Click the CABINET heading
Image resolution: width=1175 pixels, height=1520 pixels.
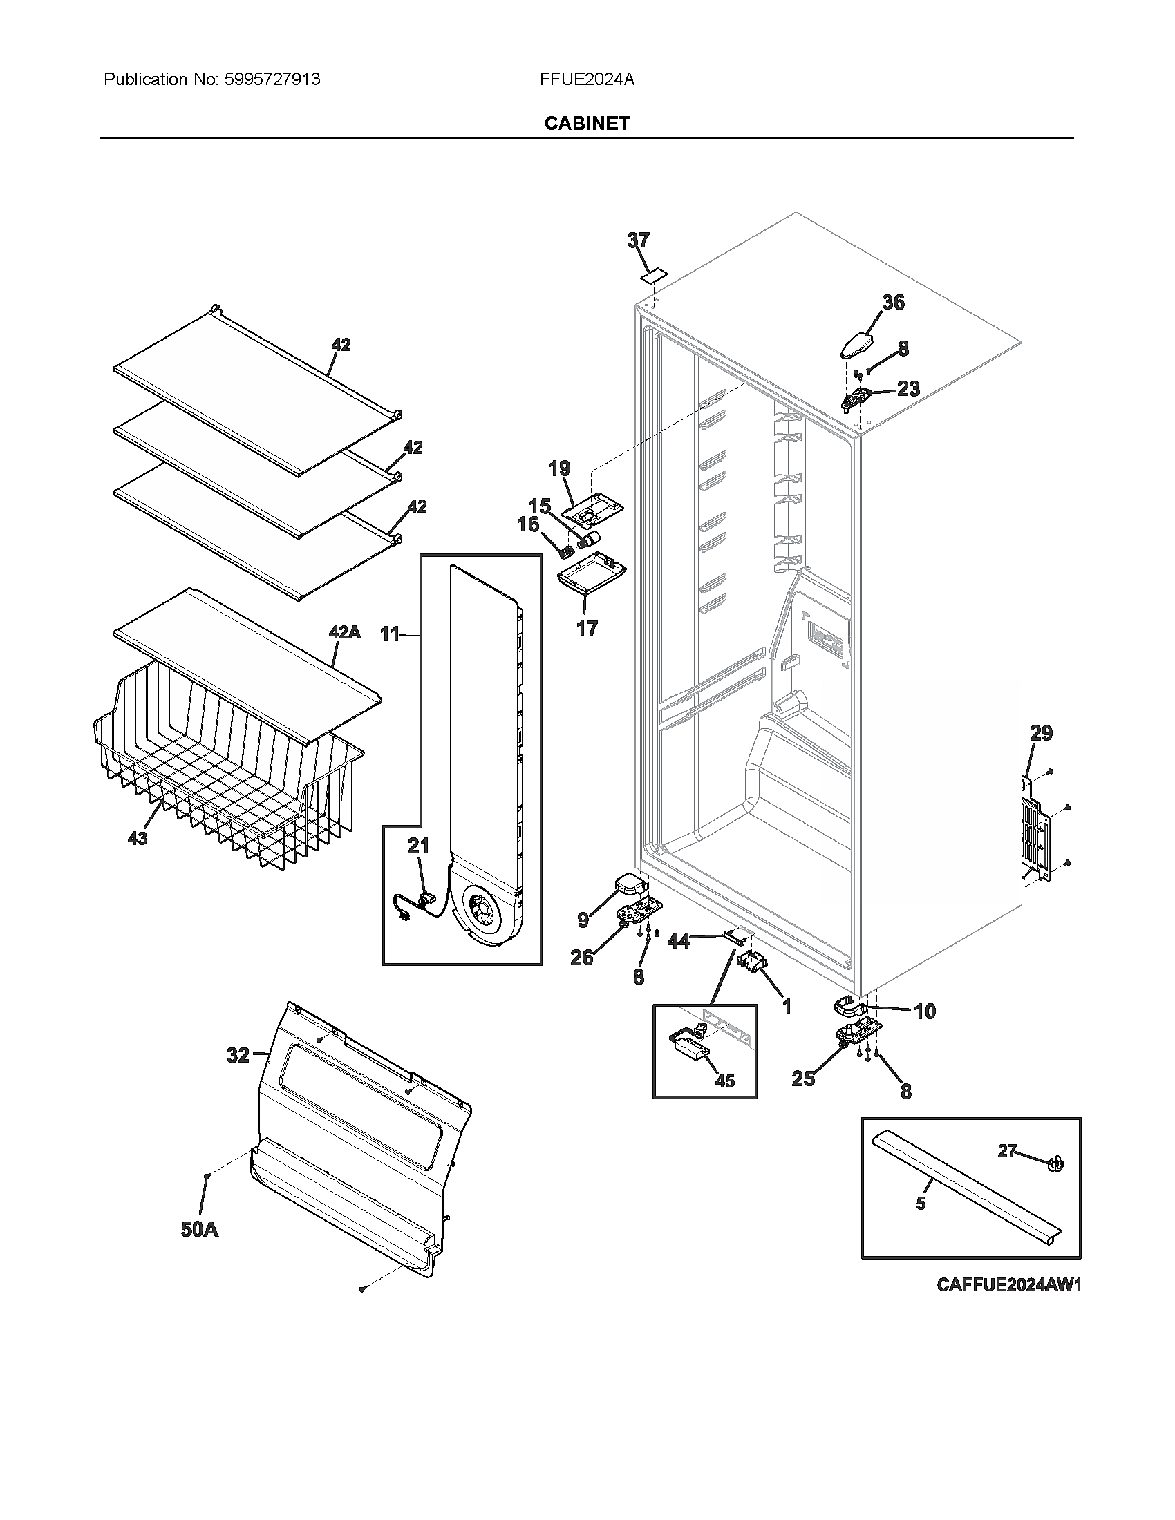[587, 123]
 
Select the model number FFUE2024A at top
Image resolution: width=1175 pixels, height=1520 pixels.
[587, 79]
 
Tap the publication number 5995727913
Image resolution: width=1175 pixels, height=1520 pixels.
[272, 79]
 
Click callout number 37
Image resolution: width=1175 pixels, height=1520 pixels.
[638, 240]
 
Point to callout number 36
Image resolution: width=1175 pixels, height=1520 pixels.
[893, 302]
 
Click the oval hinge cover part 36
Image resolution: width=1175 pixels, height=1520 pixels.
[863, 344]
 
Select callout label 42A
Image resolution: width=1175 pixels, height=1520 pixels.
[344, 632]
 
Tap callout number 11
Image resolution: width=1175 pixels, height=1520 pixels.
[390, 634]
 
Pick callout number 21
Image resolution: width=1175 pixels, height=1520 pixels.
[418, 846]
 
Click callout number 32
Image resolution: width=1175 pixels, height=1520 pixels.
[238, 1056]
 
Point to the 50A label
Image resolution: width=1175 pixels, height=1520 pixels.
[199, 1230]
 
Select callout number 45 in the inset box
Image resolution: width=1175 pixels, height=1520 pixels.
[724, 1081]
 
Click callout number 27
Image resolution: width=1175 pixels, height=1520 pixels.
[1007, 1151]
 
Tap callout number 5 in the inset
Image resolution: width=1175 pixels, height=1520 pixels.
[920, 1204]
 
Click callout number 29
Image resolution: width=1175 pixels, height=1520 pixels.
[1042, 733]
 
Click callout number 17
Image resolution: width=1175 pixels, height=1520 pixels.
[587, 628]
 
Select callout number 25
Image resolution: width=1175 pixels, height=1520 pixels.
[803, 1079]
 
